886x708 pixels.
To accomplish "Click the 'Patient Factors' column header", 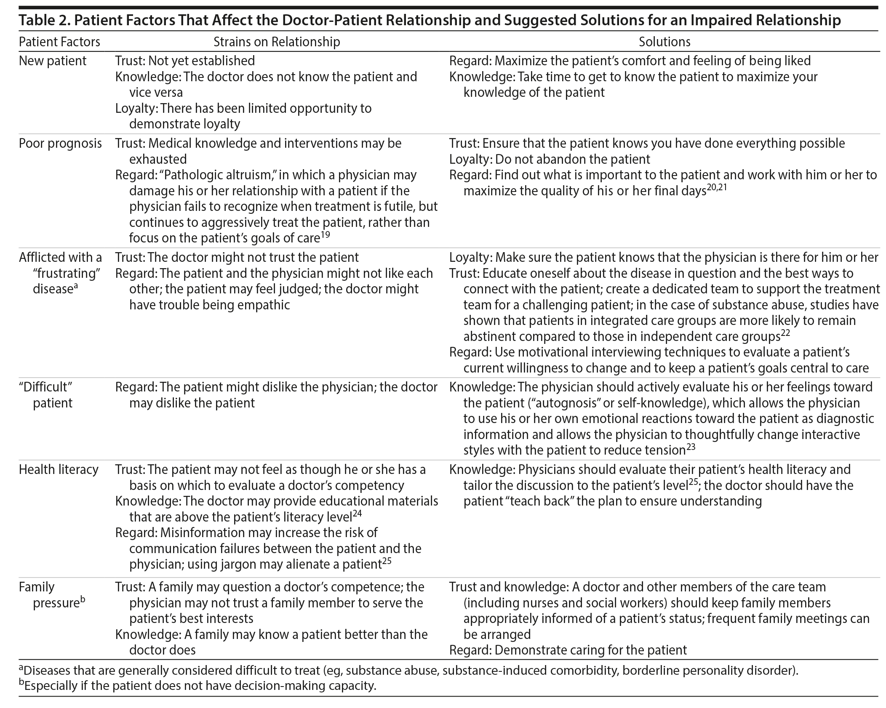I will [x=59, y=42].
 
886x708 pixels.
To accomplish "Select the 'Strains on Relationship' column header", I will [x=277, y=42].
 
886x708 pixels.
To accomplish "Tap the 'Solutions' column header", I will [x=664, y=42].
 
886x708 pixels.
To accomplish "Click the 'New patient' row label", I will [x=53, y=61].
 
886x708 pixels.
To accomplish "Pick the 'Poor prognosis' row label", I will [x=60, y=143].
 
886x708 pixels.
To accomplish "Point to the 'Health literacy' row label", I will [x=59, y=469].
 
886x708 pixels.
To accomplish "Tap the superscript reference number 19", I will [x=325, y=235].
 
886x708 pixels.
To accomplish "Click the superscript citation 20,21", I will [x=717, y=188].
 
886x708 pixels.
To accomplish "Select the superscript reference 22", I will [x=785, y=333].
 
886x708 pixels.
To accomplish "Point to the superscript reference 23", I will [x=691, y=447].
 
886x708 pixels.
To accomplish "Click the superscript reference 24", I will [x=358, y=514].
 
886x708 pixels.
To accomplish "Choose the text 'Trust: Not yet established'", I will [x=185, y=61].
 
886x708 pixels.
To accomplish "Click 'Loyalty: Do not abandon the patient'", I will [x=550, y=159].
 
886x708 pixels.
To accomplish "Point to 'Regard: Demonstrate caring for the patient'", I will [x=568, y=650].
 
